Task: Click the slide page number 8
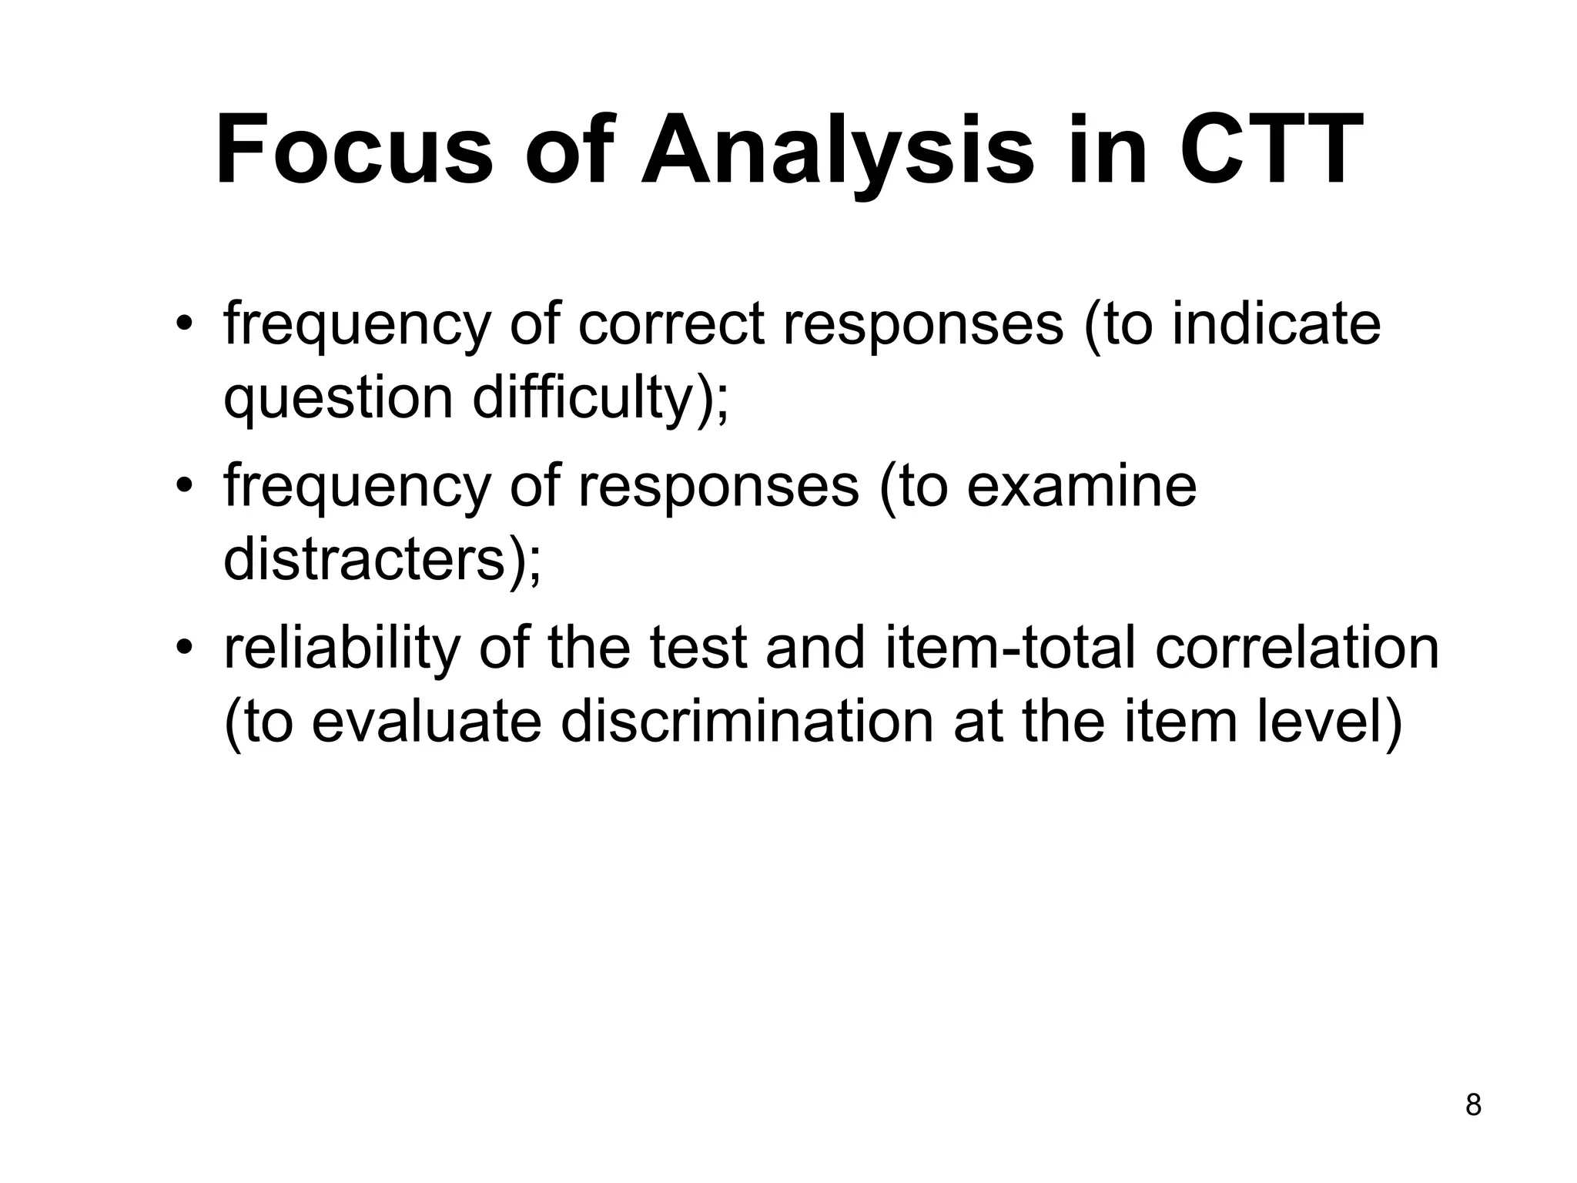(1473, 1105)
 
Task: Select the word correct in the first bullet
(671, 324)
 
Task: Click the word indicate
(1276, 324)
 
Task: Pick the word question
(338, 399)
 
